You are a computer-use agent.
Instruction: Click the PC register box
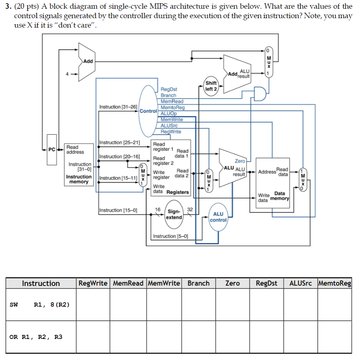(x=52, y=150)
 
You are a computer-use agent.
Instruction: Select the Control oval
(x=148, y=110)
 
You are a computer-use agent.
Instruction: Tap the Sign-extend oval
(x=174, y=214)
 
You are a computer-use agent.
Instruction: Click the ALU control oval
(x=218, y=217)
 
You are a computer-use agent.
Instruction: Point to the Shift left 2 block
(x=211, y=86)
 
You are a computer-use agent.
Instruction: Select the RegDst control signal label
(x=169, y=89)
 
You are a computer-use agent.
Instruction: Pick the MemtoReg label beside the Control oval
(x=173, y=107)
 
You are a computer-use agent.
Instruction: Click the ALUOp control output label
(x=168, y=113)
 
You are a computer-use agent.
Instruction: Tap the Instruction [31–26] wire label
(x=118, y=107)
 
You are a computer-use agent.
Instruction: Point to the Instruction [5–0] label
(x=170, y=236)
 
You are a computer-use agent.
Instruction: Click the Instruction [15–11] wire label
(x=118, y=178)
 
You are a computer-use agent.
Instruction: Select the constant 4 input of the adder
(x=67, y=74)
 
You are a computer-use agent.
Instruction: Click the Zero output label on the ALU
(x=240, y=161)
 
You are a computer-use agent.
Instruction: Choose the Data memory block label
(x=279, y=196)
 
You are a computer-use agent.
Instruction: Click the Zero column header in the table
(x=232, y=283)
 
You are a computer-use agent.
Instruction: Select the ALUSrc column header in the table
(x=300, y=283)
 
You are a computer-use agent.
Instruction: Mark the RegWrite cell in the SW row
(x=93, y=304)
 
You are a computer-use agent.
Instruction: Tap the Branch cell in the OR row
(x=198, y=337)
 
